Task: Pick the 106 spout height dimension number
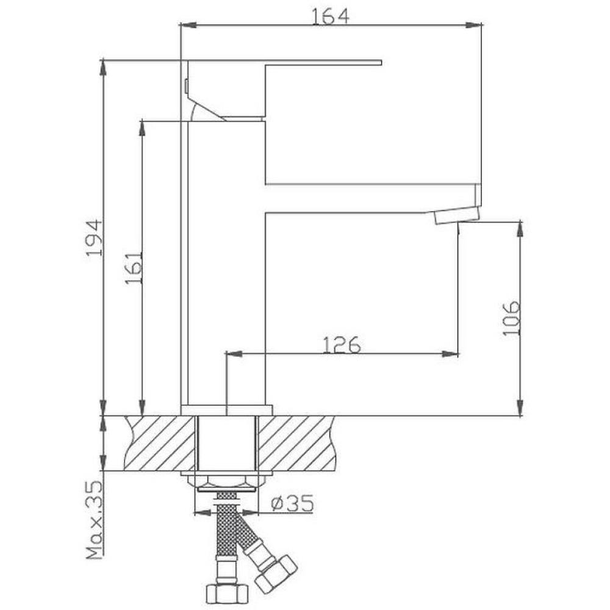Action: point(511,317)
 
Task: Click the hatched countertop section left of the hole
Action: point(160,443)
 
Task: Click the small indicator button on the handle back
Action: point(185,86)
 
